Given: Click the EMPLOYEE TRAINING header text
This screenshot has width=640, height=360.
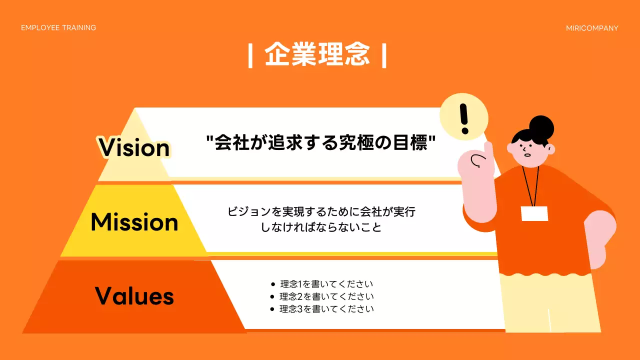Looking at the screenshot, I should (58, 27).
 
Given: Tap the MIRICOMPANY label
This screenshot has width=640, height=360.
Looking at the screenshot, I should (592, 28).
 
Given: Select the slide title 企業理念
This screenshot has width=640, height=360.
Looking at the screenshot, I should (317, 54).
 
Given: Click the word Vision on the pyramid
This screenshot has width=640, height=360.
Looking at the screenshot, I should (134, 147).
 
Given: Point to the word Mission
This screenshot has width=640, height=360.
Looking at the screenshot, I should (134, 222).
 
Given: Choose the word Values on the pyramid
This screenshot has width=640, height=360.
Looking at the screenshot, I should (134, 296).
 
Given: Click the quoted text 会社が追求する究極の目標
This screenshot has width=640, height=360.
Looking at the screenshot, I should (321, 143).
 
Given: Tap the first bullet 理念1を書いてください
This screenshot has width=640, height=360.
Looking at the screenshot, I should (326, 284).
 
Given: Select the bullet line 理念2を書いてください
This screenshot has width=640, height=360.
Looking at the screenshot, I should (326, 296).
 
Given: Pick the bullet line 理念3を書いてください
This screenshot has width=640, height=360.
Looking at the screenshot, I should (326, 309).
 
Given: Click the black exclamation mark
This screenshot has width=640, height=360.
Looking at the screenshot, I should (465, 119).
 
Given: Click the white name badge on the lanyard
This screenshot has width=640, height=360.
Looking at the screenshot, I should (534, 213).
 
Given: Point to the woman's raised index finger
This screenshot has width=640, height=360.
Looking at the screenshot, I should (487, 148).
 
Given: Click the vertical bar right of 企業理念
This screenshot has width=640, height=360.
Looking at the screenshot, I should (384, 55).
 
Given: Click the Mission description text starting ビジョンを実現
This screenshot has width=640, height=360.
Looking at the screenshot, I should (321, 219).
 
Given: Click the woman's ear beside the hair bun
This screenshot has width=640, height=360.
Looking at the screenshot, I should (550, 149).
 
